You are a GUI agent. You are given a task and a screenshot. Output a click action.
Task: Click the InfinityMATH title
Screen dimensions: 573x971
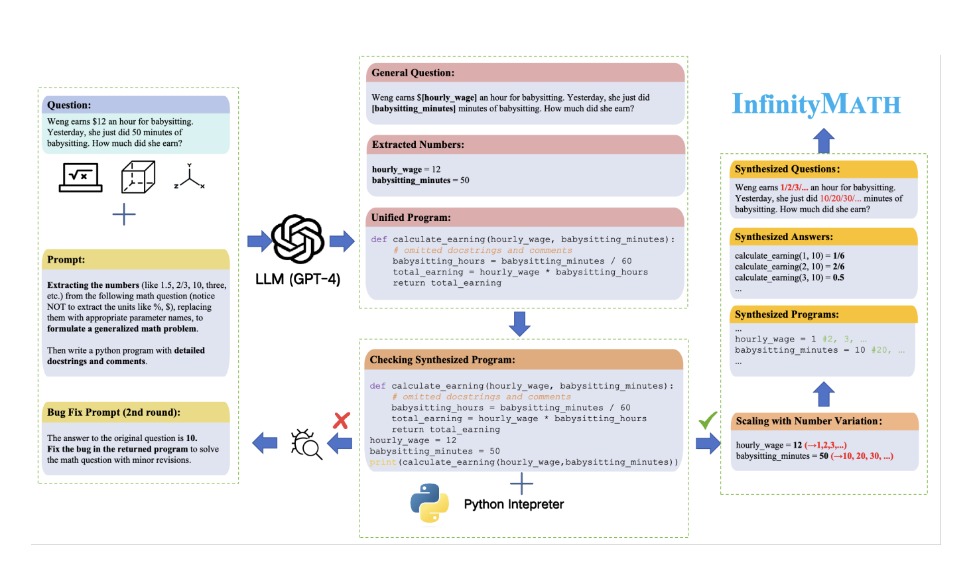816,104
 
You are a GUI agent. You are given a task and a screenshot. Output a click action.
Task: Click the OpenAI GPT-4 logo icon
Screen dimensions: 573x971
298,239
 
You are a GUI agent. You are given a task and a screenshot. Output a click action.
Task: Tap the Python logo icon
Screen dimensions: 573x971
429,503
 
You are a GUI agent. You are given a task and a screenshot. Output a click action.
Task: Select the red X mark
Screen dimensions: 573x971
342,420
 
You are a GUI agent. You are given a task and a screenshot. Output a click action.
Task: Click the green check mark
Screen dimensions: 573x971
708,420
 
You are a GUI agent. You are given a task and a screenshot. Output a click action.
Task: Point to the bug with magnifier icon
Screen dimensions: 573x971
306,444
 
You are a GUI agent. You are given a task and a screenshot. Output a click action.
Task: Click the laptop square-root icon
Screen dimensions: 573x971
80,177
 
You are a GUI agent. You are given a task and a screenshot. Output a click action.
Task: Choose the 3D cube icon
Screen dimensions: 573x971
138,177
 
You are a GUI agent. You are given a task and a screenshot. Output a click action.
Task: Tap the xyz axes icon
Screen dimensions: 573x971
190,177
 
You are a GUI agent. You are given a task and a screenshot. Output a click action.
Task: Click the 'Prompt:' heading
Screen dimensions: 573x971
66,260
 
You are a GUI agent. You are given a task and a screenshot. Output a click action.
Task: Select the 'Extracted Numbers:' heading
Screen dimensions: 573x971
418,145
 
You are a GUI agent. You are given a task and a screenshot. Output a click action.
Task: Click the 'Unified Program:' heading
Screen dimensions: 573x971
411,218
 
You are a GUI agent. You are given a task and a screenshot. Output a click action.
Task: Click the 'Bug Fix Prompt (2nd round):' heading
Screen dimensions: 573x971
113,413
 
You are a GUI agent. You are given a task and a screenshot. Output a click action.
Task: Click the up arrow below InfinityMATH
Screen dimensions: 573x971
823,141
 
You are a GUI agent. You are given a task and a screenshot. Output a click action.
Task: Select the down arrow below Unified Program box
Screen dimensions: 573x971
519,324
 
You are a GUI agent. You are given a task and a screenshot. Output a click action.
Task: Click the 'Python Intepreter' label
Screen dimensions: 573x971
513,505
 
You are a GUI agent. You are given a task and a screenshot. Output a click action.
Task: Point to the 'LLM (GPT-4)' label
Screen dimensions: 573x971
298,279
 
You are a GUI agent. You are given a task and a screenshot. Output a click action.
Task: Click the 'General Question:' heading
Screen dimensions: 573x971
413,73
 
